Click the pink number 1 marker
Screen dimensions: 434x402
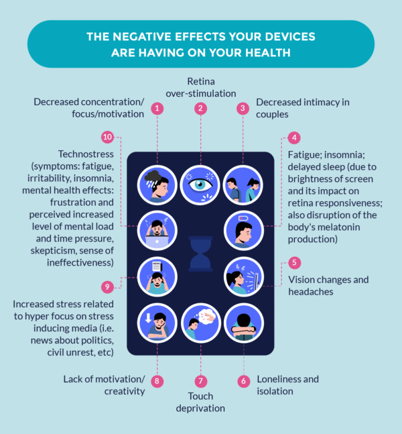pyautogui.click(x=157, y=108)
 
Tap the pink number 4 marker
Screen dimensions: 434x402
pyautogui.click(x=293, y=138)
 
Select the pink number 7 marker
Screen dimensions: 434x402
pyautogui.click(x=200, y=380)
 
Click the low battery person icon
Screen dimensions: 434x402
pyautogui.click(x=243, y=229)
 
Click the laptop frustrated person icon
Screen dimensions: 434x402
pyautogui.click(x=157, y=229)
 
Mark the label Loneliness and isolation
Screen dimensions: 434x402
pyautogui.click(x=287, y=385)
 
